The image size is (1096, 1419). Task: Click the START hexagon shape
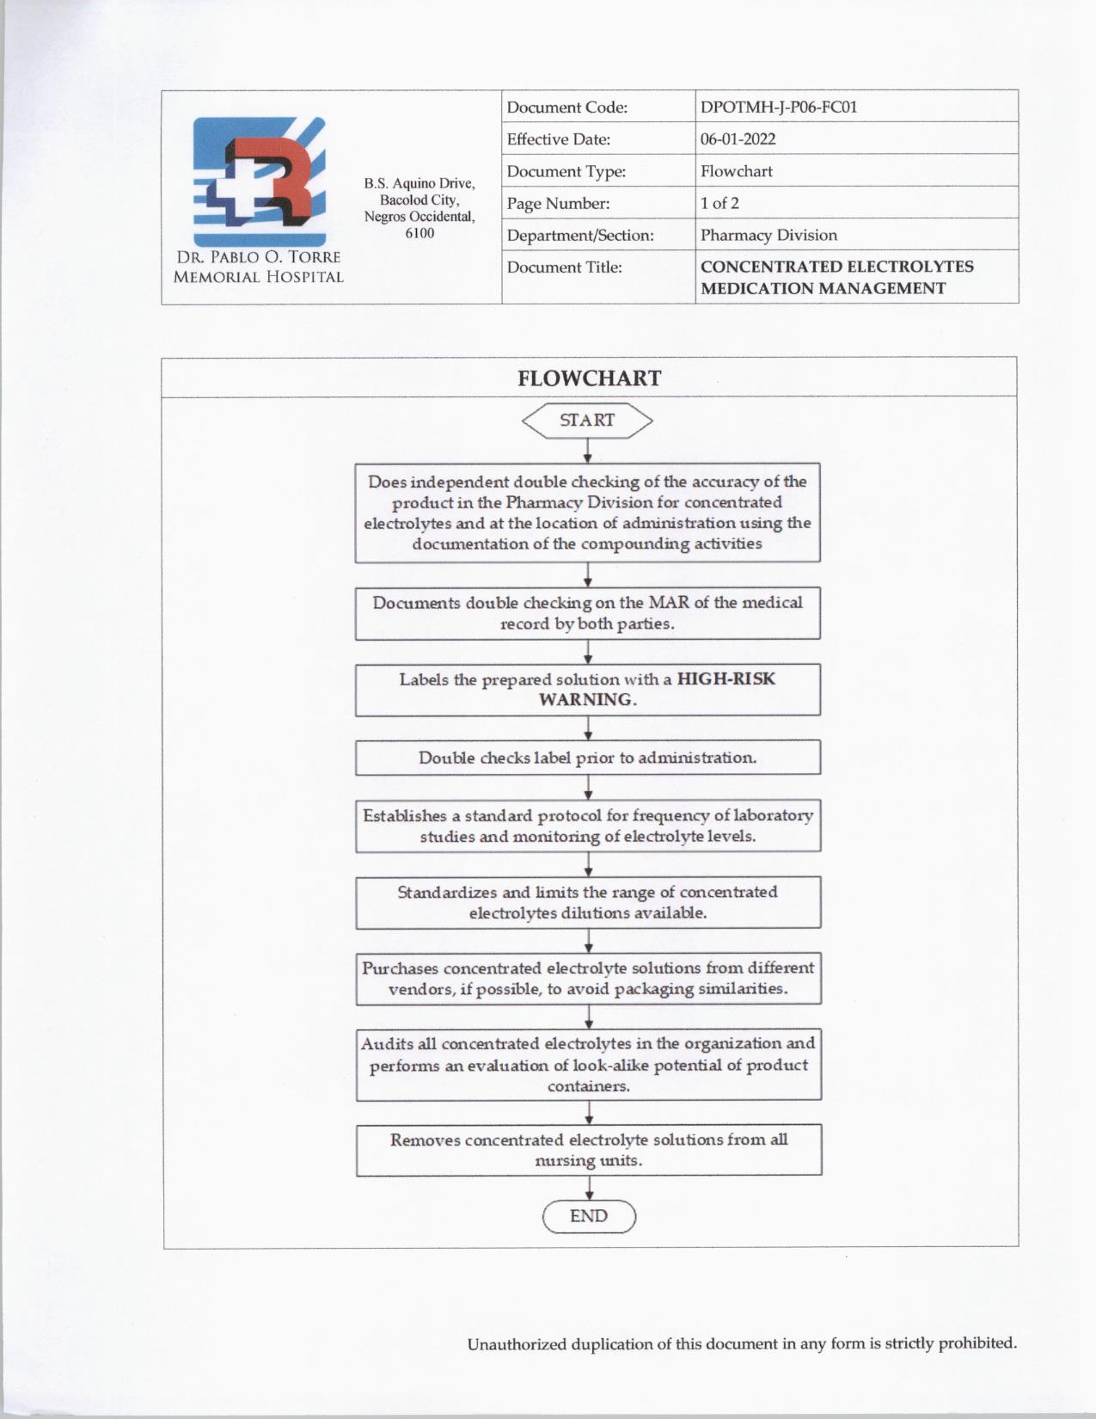pos(587,421)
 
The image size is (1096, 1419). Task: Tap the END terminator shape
pos(589,1216)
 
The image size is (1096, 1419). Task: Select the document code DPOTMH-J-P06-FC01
pos(778,107)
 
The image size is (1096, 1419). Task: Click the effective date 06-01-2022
pos(738,139)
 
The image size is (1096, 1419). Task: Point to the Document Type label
pos(566,171)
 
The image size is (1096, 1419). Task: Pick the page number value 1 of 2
pos(719,203)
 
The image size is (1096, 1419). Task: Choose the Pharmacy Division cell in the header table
pos(768,235)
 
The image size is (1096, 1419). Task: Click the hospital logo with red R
pos(259,181)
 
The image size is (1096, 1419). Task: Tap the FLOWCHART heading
pos(589,378)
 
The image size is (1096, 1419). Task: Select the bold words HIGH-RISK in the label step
pos(726,679)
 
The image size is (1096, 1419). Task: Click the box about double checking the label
pos(588,758)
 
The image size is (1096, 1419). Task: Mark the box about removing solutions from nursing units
pos(589,1150)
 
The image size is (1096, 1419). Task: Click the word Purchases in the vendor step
pos(400,968)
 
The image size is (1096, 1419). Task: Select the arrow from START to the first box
pos(588,451)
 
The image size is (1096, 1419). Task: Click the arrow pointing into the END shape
pos(589,1188)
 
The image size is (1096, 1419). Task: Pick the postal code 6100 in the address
pos(419,233)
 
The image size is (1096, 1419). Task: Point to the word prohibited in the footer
pos(977,1343)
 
